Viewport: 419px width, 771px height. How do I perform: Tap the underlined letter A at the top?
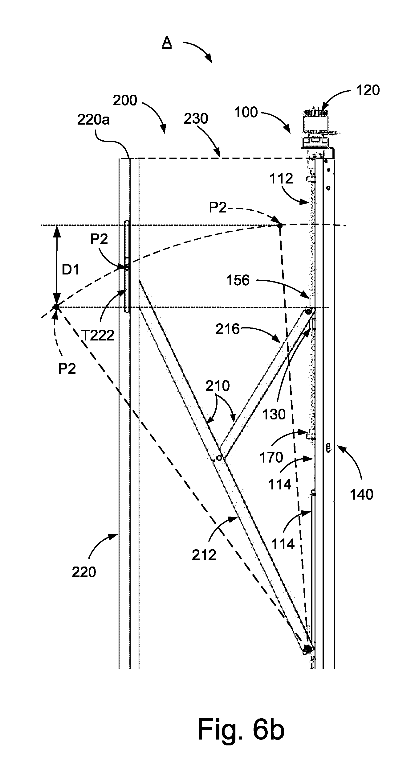(167, 42)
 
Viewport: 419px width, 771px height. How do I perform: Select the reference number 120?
(368, 90)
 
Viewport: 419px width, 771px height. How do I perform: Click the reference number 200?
(125, 100)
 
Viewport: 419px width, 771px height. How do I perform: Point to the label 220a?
(93, 120)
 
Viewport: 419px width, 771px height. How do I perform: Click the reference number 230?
(196, 118)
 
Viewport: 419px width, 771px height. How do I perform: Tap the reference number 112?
(281, 178)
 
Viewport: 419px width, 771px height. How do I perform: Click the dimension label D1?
(71, 270)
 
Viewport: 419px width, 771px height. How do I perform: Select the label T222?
(98, 335)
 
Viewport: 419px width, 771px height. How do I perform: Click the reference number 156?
(238, 280)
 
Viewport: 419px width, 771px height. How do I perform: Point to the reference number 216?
(227, 329)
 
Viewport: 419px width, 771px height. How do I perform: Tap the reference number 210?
(218, 385)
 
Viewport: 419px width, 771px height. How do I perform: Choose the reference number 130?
(274, 414)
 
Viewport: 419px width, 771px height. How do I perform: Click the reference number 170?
(271, 457)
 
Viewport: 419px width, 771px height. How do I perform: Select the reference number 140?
(362, 494)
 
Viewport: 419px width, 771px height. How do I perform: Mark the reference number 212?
(204, 555)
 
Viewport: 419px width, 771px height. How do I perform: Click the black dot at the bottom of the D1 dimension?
(56, 307)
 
